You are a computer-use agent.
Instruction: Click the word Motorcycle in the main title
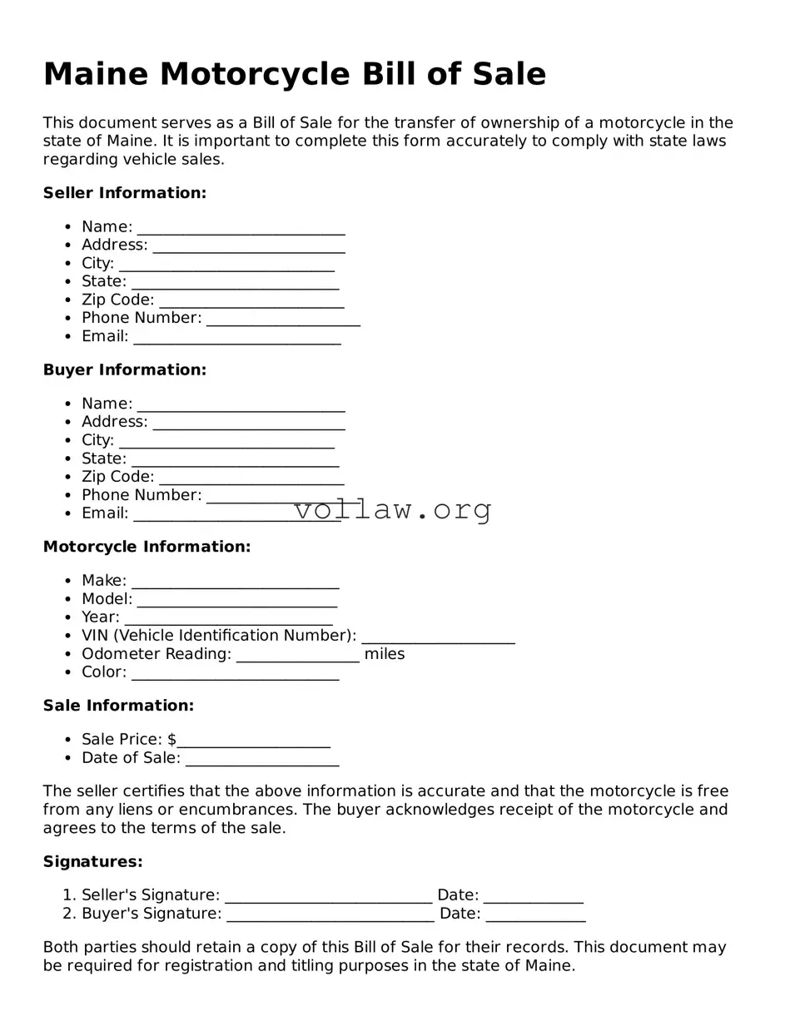click(254, 74)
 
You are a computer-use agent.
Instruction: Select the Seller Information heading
click(124, 193)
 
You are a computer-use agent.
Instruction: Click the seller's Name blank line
click(241, 229)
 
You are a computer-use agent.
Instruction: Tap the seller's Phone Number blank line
click(283, 320)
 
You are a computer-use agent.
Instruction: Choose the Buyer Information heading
click(124, 369)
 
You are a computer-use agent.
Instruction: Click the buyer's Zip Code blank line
click(251, 478)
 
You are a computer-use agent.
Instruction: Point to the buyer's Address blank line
click(248, 424)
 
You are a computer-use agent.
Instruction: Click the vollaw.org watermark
click(392, 509)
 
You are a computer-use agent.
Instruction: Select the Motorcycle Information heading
click(147, 547)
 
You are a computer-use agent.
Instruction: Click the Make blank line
click(235, 582)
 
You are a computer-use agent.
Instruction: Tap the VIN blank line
click(438, 637)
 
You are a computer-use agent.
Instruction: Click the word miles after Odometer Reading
click(385, 654)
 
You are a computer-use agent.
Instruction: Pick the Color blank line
click(235, 674)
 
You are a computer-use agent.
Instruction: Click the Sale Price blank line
click(253, 741)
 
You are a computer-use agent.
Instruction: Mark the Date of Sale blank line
click(262, 760)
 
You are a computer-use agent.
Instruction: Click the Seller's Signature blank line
click(328, 897)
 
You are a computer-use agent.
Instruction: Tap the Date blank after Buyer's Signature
click(535, 915)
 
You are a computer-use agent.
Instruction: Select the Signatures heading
click(92, 862)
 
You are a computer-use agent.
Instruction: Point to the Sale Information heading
click(118, 706)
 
